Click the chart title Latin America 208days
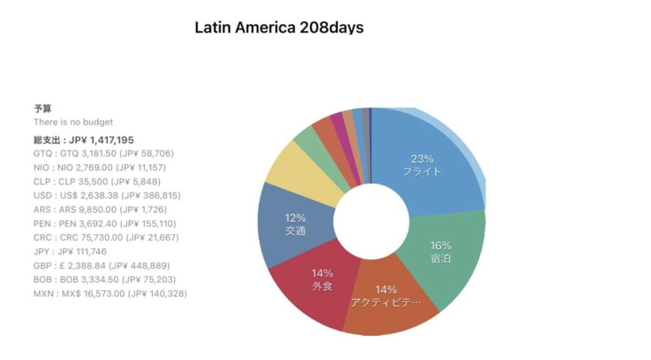279,27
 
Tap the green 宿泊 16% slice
445,261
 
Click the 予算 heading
43,108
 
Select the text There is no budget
73,121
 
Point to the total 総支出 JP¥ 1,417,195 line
83,140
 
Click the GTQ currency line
104,153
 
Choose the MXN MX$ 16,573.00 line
110,293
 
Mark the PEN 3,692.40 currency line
105,223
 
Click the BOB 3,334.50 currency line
104,279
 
